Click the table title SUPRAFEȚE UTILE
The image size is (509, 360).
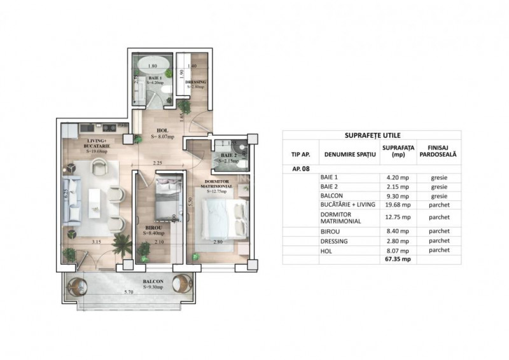click(372, 135)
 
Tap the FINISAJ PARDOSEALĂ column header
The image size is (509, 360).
click(439, 150)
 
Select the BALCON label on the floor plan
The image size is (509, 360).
click(153, 281)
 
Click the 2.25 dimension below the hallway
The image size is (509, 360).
click(158, 163)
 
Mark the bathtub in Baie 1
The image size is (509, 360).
click(152, 65)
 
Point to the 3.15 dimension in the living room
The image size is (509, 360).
click(97, 242)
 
